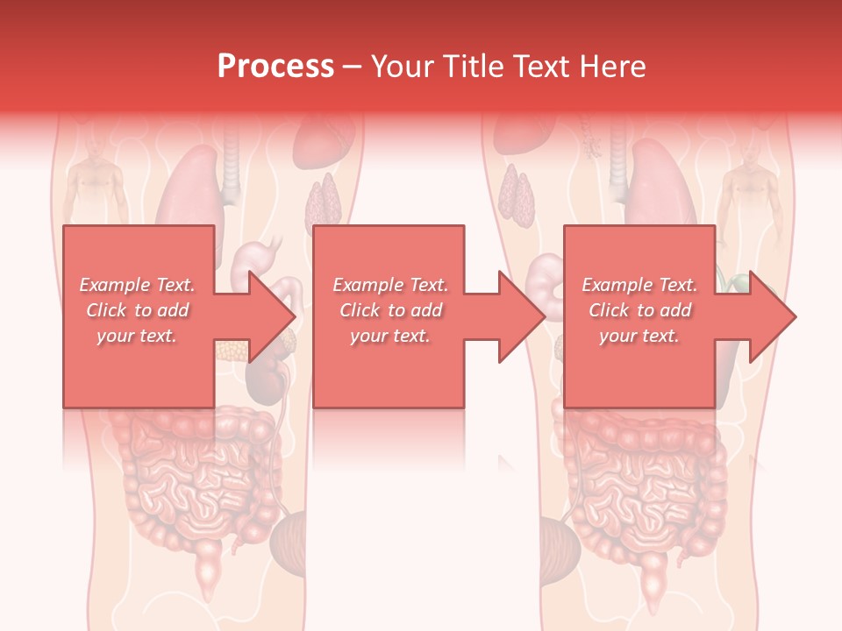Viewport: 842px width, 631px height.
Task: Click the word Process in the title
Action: click(x=275, y=67)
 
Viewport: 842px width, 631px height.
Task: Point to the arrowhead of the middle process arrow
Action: click(x=522, y=317)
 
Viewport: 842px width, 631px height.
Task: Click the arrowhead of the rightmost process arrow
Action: click(x=773, y=317)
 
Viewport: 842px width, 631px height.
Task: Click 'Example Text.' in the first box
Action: click(x=138, y=285)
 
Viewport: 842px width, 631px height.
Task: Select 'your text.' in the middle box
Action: click(x=390, y=336)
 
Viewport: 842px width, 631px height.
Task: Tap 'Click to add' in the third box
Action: click(x=639, y=310)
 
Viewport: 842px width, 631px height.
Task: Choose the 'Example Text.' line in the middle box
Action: click(x=390, y=285)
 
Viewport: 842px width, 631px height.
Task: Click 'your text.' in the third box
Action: click(x=639, y=336)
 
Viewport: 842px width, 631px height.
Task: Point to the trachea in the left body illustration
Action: click(x=231, y=167)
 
